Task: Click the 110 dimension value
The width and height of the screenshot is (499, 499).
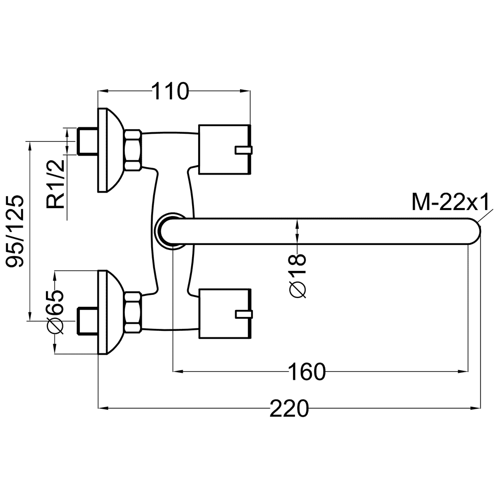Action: point(170,91)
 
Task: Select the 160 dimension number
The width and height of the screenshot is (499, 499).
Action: point(307,371)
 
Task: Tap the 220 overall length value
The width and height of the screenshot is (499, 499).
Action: point(289,408)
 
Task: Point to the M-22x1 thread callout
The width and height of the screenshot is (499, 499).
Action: point(450,202)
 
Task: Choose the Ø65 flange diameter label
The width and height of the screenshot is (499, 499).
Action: point(55,312)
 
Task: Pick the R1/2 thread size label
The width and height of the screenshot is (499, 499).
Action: point(56,184)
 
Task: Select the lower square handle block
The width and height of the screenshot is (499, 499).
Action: point(225,313)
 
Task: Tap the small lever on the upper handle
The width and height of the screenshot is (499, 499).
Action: point(244,150)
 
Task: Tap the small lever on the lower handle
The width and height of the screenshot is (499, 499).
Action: point(244,314)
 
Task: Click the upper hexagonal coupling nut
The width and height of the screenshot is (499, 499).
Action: point(133,150)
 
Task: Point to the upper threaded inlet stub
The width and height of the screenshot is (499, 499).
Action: point(87,141)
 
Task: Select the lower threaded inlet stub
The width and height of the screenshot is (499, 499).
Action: point(87,321)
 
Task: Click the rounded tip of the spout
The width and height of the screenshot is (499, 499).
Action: point(474,232)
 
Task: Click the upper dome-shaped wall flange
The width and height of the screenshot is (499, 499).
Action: point(110,150)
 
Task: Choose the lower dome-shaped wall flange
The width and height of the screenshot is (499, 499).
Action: point(110,312)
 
